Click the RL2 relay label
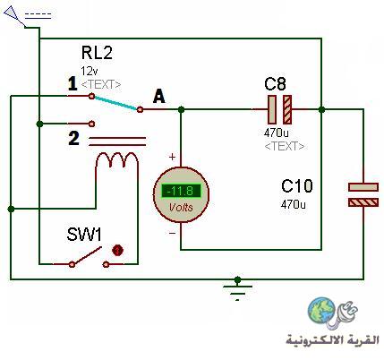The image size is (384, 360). (x=97, y=53)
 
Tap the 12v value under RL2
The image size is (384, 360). (x=90, y=72)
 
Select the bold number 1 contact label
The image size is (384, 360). (x=73, y=84)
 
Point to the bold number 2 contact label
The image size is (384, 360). (x=74, y=139)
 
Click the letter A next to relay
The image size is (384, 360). (x=159, y=97)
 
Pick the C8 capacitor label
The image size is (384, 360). (x=275, y=84)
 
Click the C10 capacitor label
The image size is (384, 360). (x=297, y=186)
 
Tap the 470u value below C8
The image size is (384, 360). (x=277, y=133)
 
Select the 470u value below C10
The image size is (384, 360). (x=294, y=204)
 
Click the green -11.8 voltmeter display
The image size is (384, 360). (x=181, y=191)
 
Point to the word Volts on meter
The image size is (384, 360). (x=181, y=207)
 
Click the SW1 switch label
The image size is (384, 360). (x=84, y=235)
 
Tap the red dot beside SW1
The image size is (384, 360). (x=117, y=251)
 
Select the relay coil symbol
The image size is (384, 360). (x=117, y=160)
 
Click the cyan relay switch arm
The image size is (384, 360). (x=115, y=103)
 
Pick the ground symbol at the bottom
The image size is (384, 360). (x=237, y=288)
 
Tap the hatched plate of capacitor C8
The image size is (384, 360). (x=287, y=109)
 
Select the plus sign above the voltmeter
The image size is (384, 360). (x=172, y=157)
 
